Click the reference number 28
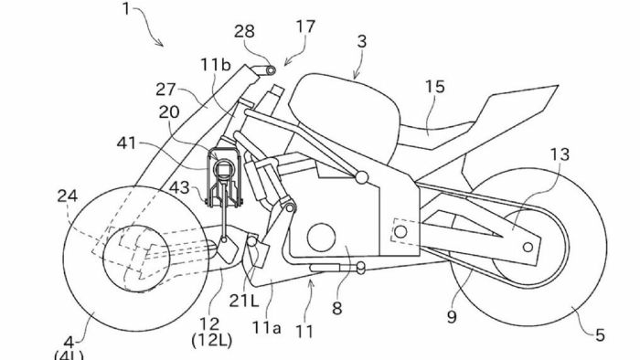pyautogui.click(x=244, y=32)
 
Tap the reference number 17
pyautogui.click(x=305, y=27)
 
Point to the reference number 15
pyautogui.click(x=434, y=87)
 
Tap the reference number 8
pyautogui.click(x=337, y=309)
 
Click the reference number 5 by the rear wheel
pyautogui.click(x=600, y=336)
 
